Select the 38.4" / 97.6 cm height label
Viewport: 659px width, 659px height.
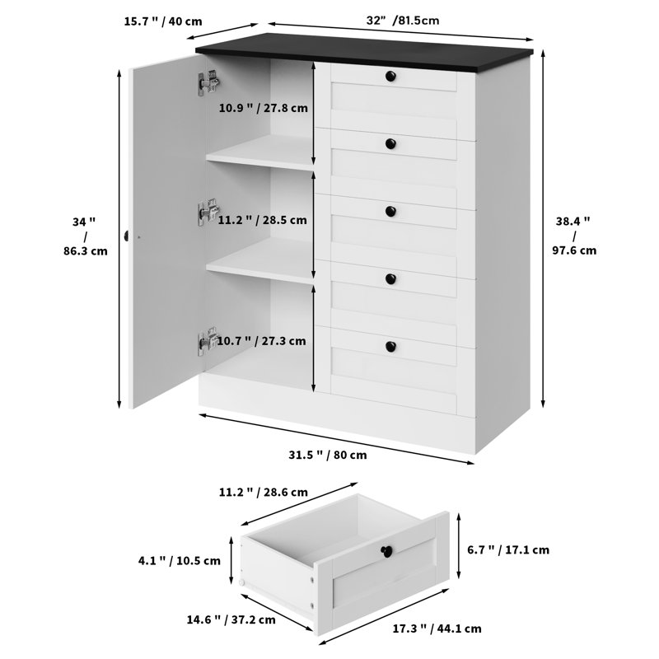pyautogui.click(x=576, y=236)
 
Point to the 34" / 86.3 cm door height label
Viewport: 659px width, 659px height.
pyautogui.click(x=87, y=236)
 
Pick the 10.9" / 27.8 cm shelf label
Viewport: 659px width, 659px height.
pyautogui.click(x=263, y=108)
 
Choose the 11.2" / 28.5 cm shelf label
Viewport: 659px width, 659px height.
pyautogui.click(x=263, y=220)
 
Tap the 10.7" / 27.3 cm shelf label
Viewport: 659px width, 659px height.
pyautogui.click(x=263, y=340)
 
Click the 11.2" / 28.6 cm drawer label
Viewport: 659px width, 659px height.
pyautogui.click(x=263, y=492)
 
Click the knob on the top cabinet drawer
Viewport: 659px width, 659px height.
pyautogui.click(x=390, y=77)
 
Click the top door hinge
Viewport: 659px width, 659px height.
pyautogui.click(x=208, y=82)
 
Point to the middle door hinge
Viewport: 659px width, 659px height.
pyautogui.click(x=208, y=212)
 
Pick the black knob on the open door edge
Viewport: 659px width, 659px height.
pyautogui.click(x=127, y=236)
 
